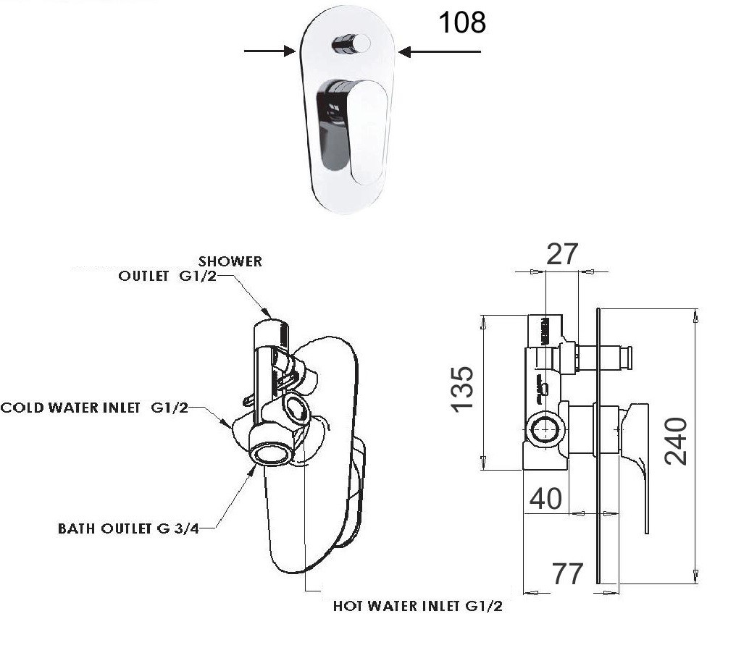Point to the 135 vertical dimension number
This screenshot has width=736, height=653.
(x=462, y=388)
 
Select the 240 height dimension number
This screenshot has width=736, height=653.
(x=675, y=441)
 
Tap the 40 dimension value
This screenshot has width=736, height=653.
(x=545, y=498)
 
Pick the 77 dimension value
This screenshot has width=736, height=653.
(x=567, y=573)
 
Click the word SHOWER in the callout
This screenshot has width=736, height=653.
(x=231, y=261)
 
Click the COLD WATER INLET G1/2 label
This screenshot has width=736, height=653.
(x=94, y=408)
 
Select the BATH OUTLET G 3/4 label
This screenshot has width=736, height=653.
(x=128, y=528)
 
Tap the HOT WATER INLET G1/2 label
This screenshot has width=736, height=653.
(x=417, y=606)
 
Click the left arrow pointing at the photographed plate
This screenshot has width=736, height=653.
(x=269, y=51)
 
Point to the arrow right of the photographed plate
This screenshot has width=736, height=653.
(x=439, y=51)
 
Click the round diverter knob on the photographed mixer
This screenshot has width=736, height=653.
(x=351, y=45)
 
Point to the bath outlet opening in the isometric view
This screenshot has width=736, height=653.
(x=272, y=454)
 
